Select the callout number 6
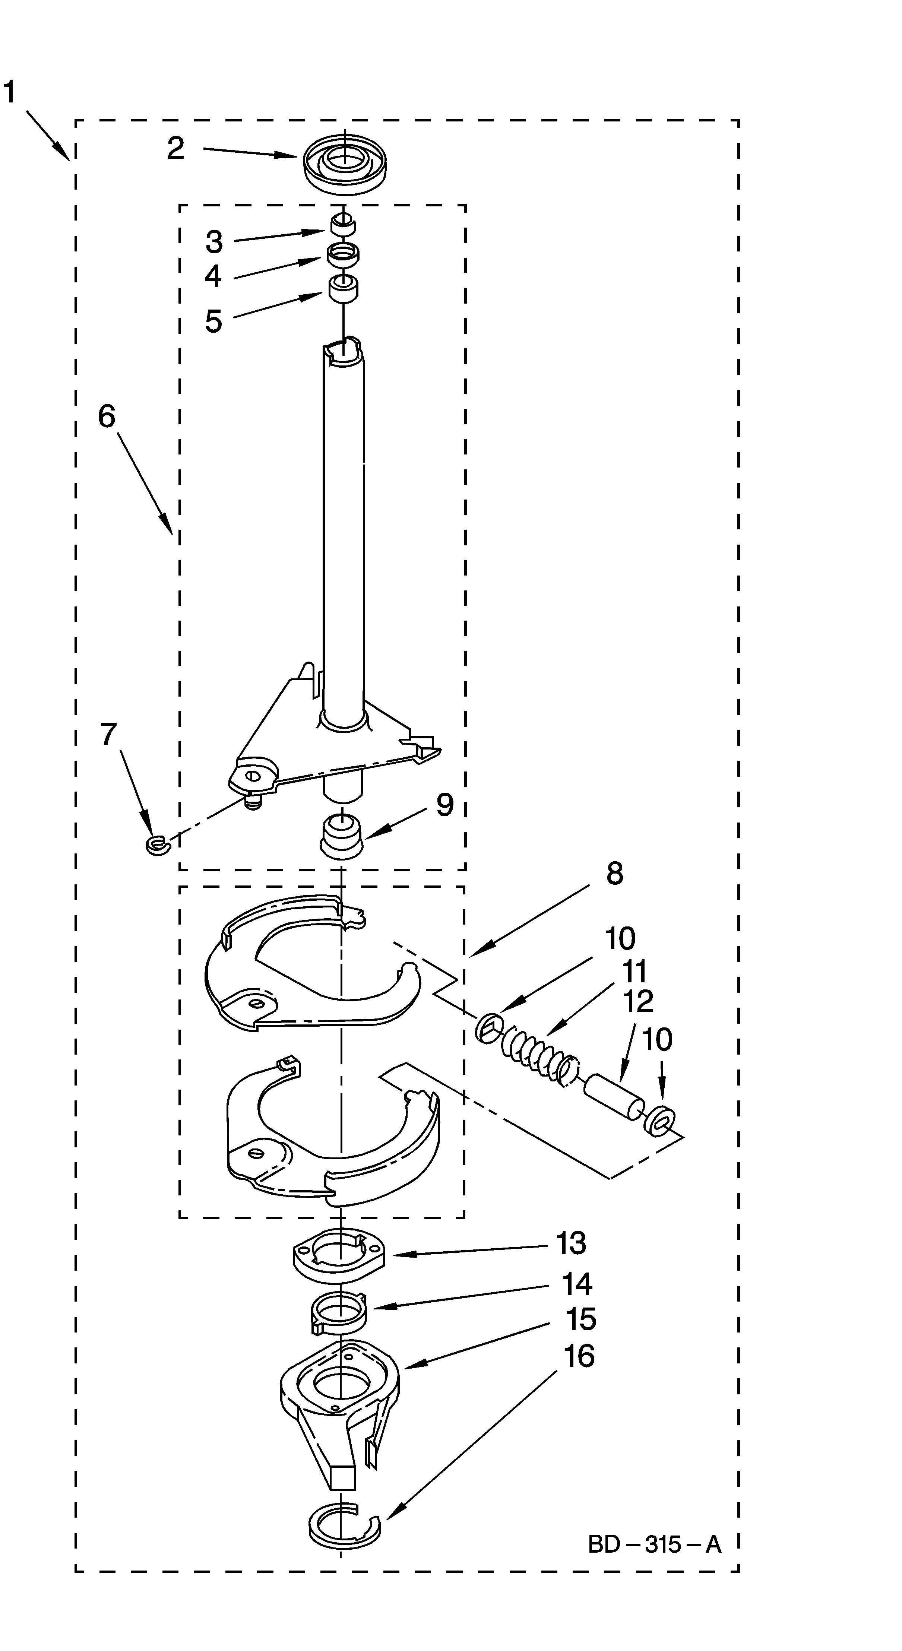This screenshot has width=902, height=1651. pyautogui.click(x=107, y=416)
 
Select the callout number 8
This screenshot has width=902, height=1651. pyautogui.click(x=614, y=874)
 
